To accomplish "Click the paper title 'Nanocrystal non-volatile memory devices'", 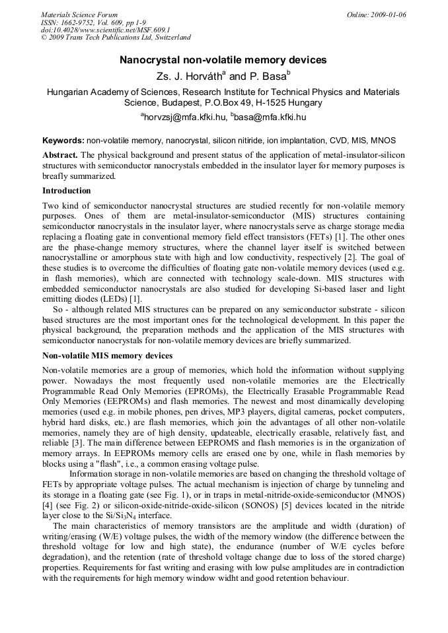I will coord(223,60).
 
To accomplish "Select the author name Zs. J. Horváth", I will coord(192,77).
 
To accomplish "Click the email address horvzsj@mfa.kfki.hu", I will coord(183,117).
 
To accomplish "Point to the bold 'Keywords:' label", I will coord(63,141).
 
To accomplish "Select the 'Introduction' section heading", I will coord(67,191).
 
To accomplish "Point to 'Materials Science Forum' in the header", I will coord(79,15).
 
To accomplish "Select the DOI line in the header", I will coord(105,30).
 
